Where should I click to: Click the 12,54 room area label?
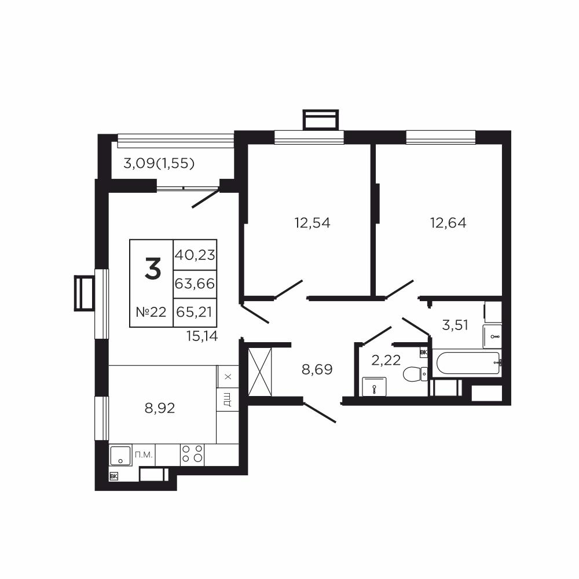[313, 223]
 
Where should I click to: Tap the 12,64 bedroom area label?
[448, 223]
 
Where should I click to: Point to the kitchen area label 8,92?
[160, 408]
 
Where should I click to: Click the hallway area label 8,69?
[317, 369]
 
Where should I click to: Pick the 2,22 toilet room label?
[386, 360]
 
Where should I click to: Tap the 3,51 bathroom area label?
[455, 325]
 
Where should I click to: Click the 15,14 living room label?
[202, 336]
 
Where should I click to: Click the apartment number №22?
[151, 313]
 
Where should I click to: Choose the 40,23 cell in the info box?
[195, 255]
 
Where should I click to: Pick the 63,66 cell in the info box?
[195, 284]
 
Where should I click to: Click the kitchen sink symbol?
[120, 455]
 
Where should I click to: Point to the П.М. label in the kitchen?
[144, 455]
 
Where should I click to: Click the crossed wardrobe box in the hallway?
[260, 372]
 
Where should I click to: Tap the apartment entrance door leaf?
[320, 412]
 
